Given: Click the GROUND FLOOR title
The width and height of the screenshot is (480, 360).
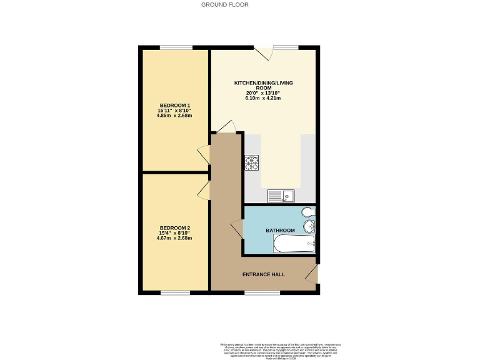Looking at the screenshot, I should pyautogui.click(x=224, y=4).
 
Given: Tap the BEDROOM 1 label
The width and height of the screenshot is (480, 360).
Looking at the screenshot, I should pyautogui.click(x=175, y=105).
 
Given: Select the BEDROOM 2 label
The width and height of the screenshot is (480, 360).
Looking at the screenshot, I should pyautogui.click(x=175, y=227).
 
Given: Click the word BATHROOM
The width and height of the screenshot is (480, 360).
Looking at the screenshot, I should pyautogui.click(x=280, y=231).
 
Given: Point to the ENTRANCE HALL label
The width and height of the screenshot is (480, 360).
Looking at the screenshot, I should pyautogui.click(x=264, y=274).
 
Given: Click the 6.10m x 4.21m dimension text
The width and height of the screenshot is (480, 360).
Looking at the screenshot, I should pyautogui.click(x=263, y=98).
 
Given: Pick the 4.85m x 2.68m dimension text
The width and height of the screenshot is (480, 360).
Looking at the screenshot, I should pyautogui.click(x=175, y=116).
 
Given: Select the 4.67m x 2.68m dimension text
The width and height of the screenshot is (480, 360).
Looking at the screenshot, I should pyautogui.click(x=175, y=238).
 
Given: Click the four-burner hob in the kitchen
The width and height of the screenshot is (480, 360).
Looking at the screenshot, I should pyautogui.click(x=252, y=163).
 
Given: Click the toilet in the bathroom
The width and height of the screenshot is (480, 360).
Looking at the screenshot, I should pyautogui.click(x=308, y=212).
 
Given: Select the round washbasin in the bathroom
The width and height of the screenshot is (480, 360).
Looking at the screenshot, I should pyautogui.click(x=309, y=226).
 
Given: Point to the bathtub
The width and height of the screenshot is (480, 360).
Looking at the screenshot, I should pyautogui.click(x=294, y=244).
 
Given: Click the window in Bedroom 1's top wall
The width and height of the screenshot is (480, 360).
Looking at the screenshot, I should pyautogui.click(x=176, y=47).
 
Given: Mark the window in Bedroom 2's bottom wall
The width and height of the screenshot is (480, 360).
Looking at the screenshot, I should pyautogui.click(x=175, y=292).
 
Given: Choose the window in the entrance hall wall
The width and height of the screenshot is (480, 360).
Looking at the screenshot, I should pyautogui.click(x=262, y=292).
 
